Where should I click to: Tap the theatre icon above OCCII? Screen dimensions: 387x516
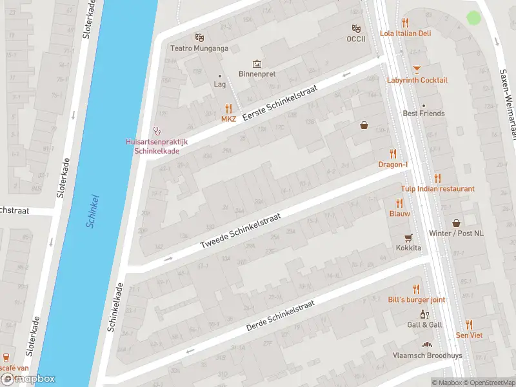355,28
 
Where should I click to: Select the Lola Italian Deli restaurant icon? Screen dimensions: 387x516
406,22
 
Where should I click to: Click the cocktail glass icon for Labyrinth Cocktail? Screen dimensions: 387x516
417,68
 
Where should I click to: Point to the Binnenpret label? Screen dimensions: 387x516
257,74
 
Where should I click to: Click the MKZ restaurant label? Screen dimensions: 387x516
228,119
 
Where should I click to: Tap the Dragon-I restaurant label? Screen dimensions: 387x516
393,164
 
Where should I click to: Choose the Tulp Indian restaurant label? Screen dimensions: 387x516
438,188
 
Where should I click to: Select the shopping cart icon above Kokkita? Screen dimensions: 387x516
408,237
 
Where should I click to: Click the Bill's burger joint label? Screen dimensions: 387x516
416,300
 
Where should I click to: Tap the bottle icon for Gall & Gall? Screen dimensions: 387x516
424,314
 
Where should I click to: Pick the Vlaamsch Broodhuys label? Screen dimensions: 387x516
426,355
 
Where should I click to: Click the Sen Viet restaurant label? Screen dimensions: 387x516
469,335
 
